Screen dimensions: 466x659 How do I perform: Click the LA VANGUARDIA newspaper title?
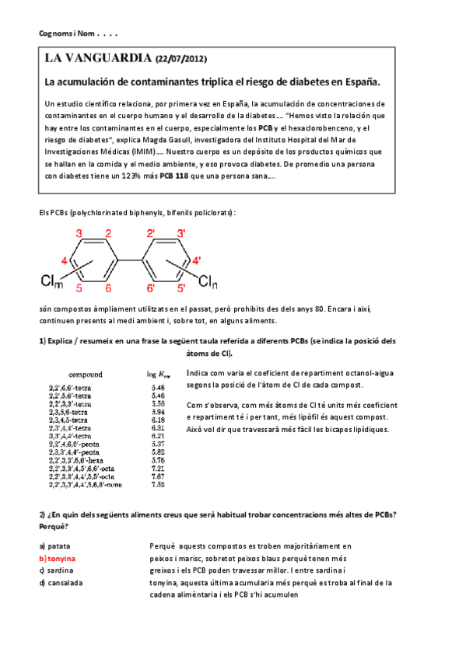pyautogui.click(x=98, y=58)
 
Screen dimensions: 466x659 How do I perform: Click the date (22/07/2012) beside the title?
pyautogui.click(x=181, y=59)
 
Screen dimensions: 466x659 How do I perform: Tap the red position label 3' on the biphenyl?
pyautogui.click(x=180, y=233)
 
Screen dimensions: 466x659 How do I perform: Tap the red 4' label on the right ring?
pyautogui.click(x=197, y=260)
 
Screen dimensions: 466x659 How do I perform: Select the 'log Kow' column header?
pyautogui.click(x=157, y=375)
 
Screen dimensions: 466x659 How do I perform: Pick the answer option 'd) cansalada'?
pyautogui.click(x=61, y=582)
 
